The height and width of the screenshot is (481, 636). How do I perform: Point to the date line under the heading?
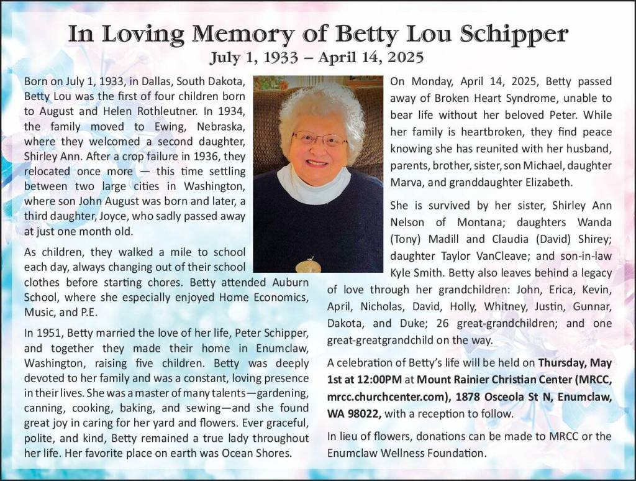tap(317, 58)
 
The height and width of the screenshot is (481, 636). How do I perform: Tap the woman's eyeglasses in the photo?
tap(319, 138)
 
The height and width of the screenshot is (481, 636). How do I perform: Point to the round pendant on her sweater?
tap(308, 266)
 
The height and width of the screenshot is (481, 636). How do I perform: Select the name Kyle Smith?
tap(416, 273)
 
